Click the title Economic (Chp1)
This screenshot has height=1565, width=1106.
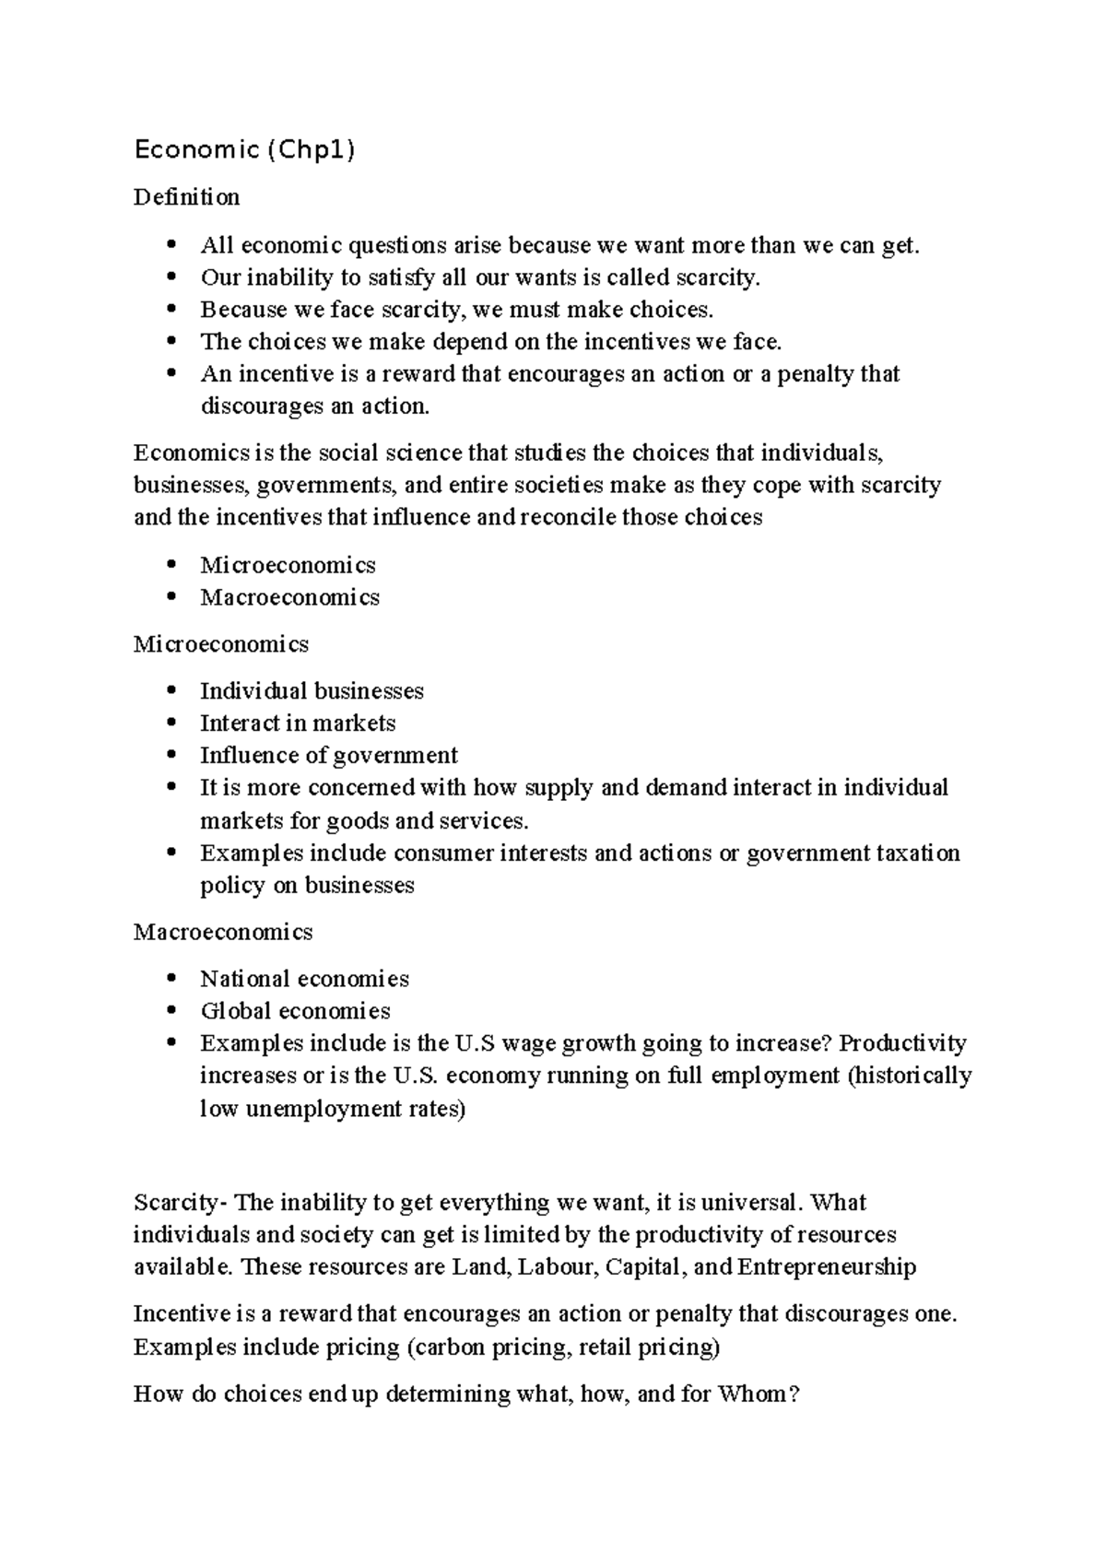pos(244,149)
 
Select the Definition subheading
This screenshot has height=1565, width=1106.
pos(186,197)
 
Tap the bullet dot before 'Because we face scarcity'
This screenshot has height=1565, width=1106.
pos(171,310)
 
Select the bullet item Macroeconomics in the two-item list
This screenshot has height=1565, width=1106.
pos(289,597)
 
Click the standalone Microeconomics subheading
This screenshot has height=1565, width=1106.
pos(220,644)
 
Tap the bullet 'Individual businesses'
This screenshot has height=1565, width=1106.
pos(312,691)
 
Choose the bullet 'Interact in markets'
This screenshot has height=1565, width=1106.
pos(298,724)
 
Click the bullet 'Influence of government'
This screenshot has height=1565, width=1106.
pos(328,756)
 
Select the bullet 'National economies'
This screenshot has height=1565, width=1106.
pos(304,979)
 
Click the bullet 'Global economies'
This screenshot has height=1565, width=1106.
pos(295,1011)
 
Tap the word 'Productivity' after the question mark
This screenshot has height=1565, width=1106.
pos(902,1043)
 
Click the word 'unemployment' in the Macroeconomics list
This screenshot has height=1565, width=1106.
pos(310,1109)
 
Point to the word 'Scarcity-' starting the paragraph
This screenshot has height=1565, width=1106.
pos(180,1203)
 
